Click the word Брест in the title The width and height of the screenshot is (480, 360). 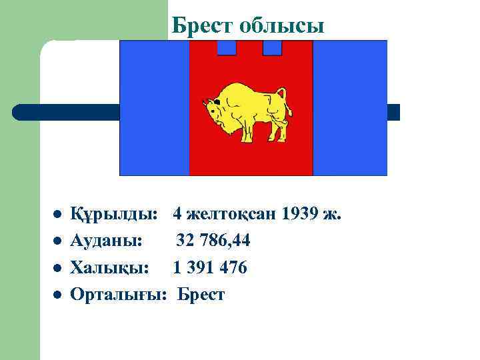pos(202,25)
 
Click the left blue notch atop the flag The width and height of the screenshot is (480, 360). pos(227,47)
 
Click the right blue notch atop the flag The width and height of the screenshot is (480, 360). pos(272,47)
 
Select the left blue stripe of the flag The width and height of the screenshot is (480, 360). pos(154,107)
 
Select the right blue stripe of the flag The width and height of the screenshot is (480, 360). pos(350,107)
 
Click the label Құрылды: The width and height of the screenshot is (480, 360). pos(114,215)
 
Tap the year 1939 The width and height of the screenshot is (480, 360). pos(301,215)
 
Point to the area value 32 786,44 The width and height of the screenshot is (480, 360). pos(213,241)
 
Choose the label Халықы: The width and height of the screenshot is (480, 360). pos(109,268)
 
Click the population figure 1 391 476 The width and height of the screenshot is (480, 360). pos(210,268)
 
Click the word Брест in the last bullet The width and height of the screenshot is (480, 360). pos(201,295)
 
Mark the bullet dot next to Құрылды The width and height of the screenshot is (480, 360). pos(58,215)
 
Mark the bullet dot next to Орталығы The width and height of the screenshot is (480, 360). pos(58,295)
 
